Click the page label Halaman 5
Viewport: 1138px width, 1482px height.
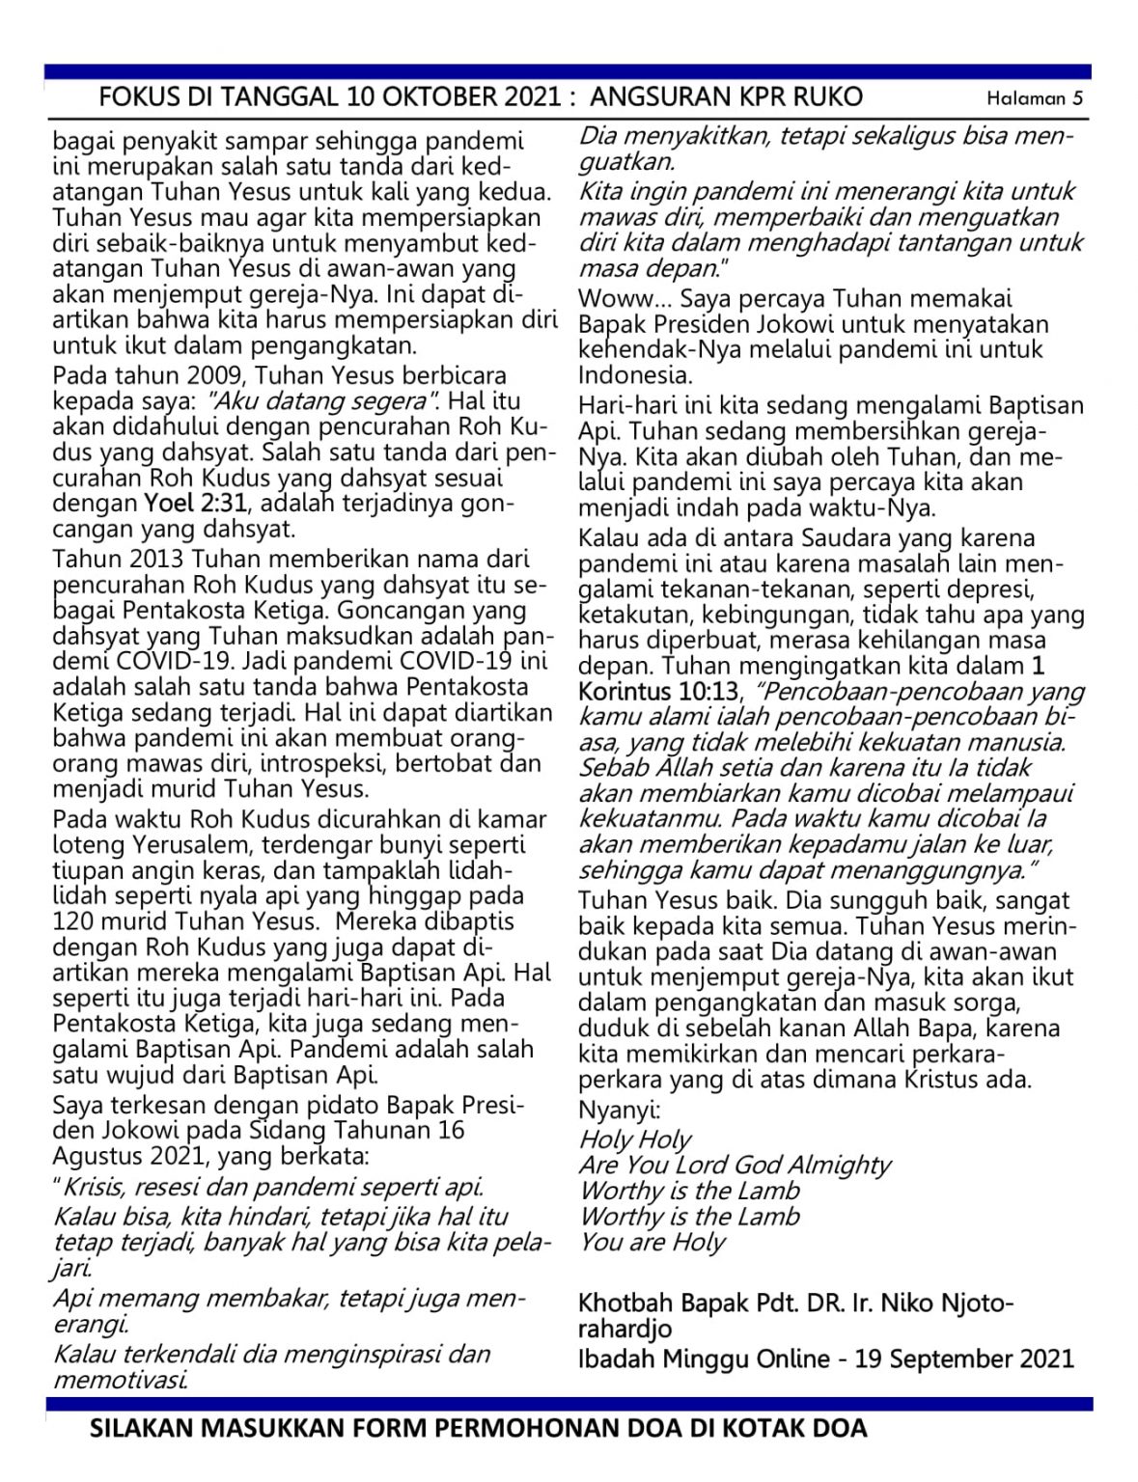tap(1034, 97)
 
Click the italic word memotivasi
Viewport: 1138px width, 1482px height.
tap(120, 1380)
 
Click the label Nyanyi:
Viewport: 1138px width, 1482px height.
tap(619, 1110)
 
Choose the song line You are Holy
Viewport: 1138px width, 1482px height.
tap(652, 1242)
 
